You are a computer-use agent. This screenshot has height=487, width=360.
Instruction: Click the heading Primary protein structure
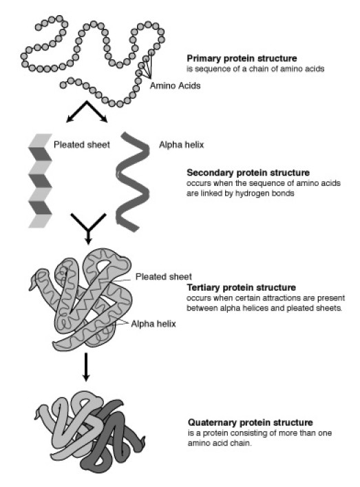pos(242,59)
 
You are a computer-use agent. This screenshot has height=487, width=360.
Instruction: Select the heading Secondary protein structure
pos(248,173)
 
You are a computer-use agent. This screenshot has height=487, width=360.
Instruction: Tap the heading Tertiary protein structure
pos(242,287)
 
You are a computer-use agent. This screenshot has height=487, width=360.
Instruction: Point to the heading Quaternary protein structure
pos(250,422)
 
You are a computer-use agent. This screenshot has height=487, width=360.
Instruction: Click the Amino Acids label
pos(175,85)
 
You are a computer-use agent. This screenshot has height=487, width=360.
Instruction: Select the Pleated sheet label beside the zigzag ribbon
pos(82,145)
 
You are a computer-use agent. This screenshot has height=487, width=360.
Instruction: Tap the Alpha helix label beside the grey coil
pos(181,145)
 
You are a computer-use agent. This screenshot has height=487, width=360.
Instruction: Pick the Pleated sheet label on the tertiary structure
pos(164,276)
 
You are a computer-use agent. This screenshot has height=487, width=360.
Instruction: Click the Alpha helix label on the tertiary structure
pos(153,324)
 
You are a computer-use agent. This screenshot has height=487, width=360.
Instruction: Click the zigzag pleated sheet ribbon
pos(41,180)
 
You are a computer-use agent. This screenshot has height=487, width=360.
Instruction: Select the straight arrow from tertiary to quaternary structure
pos(86,366)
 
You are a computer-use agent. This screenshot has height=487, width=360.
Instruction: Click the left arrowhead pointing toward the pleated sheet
pos(71,118)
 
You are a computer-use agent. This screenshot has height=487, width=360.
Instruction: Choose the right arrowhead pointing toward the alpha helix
pos(103,118)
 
